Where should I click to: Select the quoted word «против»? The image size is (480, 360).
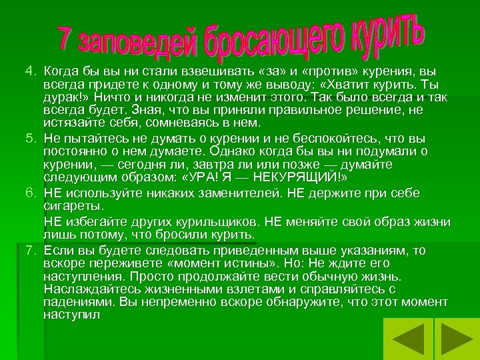[x=320, y=69]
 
